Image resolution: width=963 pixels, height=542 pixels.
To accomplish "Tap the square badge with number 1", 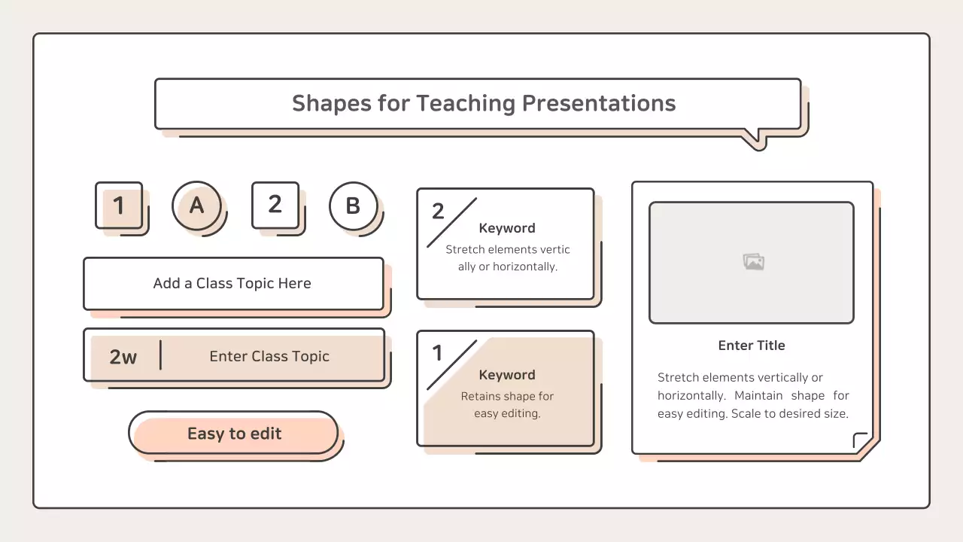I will (119, 205).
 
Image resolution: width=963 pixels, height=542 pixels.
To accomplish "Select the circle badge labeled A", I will (196, 205).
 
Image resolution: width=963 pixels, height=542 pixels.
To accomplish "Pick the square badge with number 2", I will (275, 204).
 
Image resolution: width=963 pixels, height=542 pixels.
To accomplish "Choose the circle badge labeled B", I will (353, 206).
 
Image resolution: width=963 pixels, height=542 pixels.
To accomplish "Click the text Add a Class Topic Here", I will (232, 283).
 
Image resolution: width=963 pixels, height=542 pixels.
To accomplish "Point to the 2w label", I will (123, 357).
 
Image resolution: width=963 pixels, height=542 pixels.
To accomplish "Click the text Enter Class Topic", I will (269, 356).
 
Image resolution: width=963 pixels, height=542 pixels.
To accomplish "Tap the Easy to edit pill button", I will (234, 434).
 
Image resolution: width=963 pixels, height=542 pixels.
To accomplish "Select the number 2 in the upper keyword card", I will (438, 211).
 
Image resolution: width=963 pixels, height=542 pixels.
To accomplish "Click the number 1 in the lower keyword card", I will (437, 353).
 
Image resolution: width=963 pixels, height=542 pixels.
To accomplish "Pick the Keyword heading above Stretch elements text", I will (507, 228).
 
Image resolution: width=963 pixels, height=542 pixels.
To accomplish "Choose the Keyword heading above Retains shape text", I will (507, 375).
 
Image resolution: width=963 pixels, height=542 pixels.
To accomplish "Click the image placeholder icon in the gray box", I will (753, 262).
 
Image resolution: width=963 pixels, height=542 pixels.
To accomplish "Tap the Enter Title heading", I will (752, 346).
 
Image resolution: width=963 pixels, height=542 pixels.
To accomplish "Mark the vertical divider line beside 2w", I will (160, 355).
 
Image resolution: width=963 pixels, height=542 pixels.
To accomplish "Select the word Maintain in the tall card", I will (758, 395).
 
